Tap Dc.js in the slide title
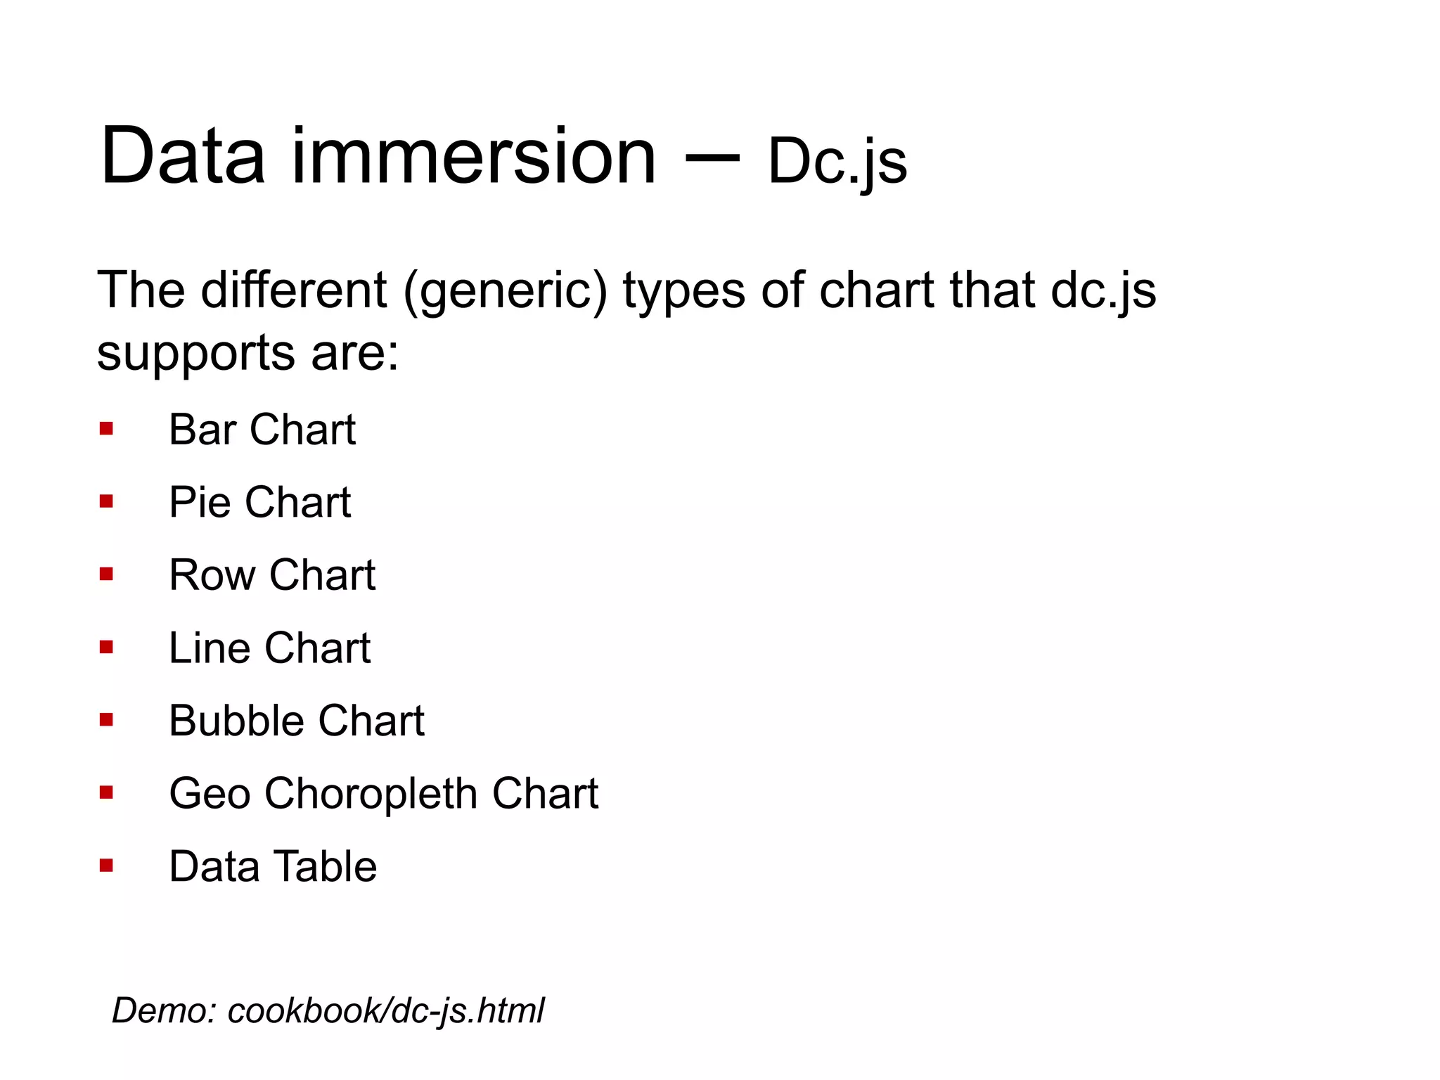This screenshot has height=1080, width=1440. click(837, 162)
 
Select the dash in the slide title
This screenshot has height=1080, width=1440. click(712, 159)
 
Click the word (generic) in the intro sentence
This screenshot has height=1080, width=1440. click(505, 290)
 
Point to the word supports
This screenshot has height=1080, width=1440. click(195, 354)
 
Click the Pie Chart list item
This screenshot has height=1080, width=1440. click(259, 502)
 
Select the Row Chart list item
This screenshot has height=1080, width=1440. click(272, 575)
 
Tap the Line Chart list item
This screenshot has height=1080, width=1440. click(269, 648)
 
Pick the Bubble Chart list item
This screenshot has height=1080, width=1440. click(297, 721)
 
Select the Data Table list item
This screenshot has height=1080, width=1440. click(273, 866)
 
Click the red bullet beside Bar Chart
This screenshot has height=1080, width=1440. click(106, 429)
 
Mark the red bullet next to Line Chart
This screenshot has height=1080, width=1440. click(106, 648)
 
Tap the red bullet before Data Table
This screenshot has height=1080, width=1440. click(106, 866)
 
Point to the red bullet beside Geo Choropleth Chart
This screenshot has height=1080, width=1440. click(106, 793)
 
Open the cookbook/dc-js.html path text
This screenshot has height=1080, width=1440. click(386, 1011)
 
